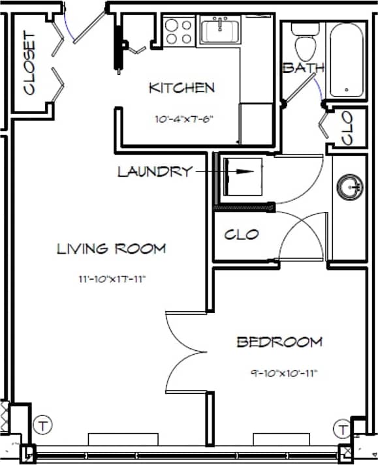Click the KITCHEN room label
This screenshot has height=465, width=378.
(x=181, y=88)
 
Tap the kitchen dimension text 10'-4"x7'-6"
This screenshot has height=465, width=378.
(x=185, y=119)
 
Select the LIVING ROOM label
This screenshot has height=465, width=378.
(x=111, y=248)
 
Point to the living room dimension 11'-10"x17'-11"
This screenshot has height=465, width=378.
(x=111, y=280)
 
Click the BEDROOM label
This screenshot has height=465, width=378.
(x=279, y=342)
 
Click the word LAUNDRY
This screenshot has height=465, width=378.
(x=155, y=172)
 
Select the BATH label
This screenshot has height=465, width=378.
(x=303, y=68)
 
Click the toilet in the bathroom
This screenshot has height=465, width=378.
(x=304, y=43)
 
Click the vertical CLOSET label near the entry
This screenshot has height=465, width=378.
(x=29, y=63)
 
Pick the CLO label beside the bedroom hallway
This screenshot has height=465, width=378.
(x=242, y=235)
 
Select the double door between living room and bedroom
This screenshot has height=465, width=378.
(x=187, y=352)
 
